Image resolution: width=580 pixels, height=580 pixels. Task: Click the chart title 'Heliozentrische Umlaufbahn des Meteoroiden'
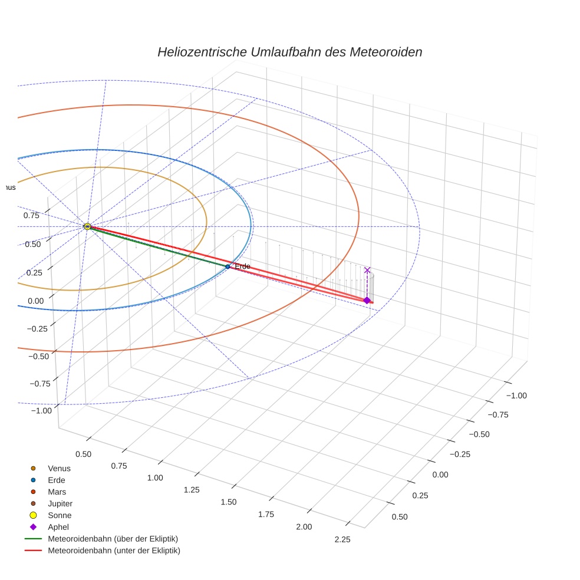click(x=289, y=52)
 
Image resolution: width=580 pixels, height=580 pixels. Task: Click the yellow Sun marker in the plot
click(x=87, y=226)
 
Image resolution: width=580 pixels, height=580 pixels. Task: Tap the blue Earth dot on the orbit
click(x=228, y=266)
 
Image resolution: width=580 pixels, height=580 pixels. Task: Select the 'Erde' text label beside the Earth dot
click(x=242, y=266)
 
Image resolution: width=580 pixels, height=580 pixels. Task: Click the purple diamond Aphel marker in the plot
click(x=367, y=301)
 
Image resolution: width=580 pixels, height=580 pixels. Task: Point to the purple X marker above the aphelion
click(x=367, y=270)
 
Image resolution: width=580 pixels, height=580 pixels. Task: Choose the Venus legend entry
click(x=59, y=468)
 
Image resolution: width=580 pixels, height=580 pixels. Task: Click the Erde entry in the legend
click(x=57, y=480)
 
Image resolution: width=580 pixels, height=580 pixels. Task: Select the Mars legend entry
click(x=57, y=492)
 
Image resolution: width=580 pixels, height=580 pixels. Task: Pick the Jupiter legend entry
click(x=60, y=503)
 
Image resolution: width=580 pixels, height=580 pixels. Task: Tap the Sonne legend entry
click(x=60, y=515)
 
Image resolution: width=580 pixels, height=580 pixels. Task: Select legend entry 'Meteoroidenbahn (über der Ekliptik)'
click(x=113, y=539)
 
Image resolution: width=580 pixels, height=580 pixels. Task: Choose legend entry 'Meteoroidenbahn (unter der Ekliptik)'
click(x=114, y=551)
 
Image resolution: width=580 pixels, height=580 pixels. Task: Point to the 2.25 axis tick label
click(x=342, y=539)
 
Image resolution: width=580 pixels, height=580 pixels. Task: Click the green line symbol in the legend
click(x=33, y=539)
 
